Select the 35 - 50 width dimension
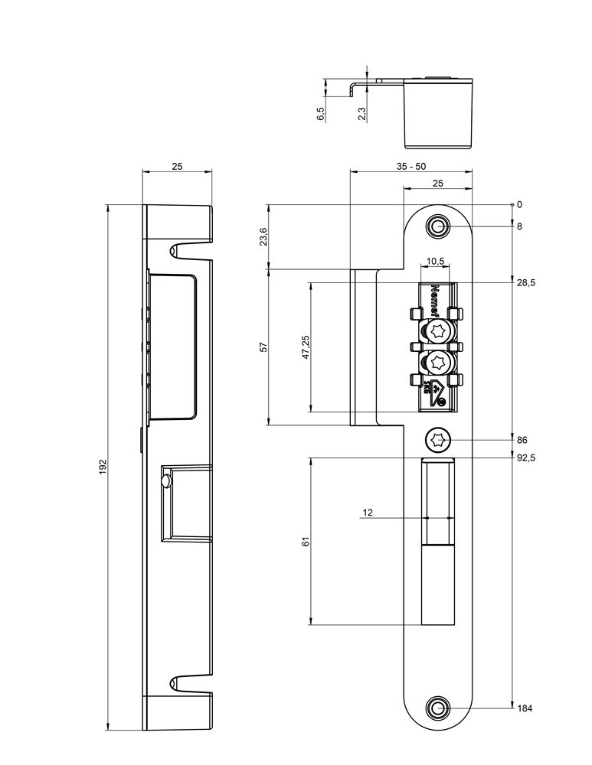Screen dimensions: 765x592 (x=411, y=166)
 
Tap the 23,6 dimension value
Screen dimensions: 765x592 (x=263, y=236)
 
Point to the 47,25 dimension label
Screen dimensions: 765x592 (x=306, y=347)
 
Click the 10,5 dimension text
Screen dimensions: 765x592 (x=435, y=261)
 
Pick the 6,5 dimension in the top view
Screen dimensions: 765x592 (x=321, y=113)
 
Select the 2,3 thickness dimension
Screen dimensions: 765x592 (x=361, y=113)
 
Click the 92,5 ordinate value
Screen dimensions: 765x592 (x=525, y=457)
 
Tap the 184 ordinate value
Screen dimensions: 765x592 (x=525, y=708)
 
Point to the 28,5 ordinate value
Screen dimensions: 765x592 (x=525, y=282)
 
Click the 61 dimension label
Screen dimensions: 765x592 (x=306, y=542)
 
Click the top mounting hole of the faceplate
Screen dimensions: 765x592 (x=439, y=226)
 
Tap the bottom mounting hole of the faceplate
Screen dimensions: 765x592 (x=439, y=708)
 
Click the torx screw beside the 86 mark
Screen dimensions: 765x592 (x=439, y=440)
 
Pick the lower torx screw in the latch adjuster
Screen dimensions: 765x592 (x=439, y=362)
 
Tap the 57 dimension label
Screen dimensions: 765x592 (x=263, y=347)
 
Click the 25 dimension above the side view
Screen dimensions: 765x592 (x=177, y=166)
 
